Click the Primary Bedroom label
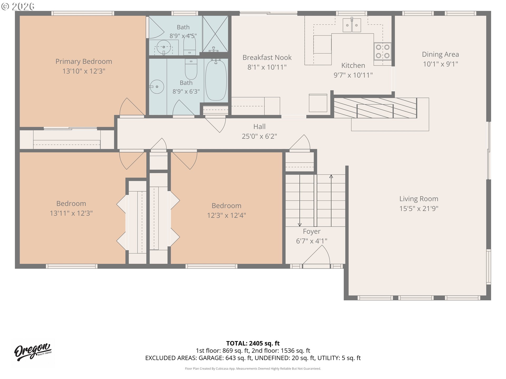point(84,61)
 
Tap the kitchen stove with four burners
point(382,51)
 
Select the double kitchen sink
point(352,25)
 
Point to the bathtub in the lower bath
point(216,80)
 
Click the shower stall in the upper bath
point(215,34)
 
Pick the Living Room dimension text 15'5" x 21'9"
point(419,208)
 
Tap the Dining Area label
point(440,54)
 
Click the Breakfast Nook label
point(267,57)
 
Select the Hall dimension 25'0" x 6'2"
point(259,136)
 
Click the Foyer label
point(312,231)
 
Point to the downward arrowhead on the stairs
point(300,225)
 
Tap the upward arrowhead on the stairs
point(331,176)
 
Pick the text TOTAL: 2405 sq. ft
point(253,343)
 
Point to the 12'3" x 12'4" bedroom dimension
point(226,215)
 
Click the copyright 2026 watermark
point(18,6)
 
